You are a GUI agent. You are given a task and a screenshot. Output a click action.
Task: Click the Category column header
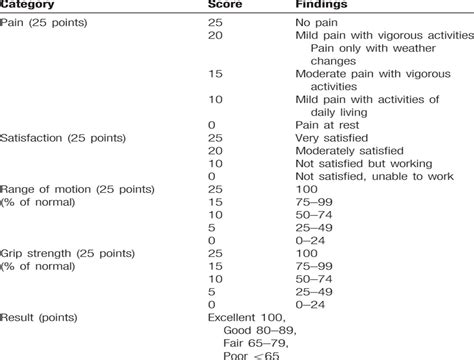pos(31,6)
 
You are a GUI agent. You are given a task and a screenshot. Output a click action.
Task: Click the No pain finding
pos(318,21)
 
